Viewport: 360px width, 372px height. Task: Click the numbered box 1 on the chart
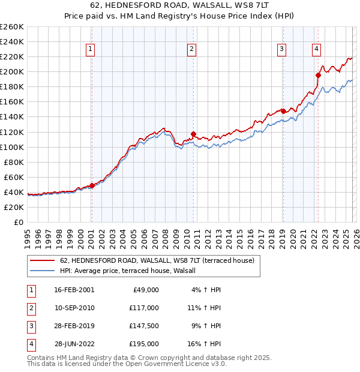point(90,49)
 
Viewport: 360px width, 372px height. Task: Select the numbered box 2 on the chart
point(191,49)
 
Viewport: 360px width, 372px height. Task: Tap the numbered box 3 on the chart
point(281,49)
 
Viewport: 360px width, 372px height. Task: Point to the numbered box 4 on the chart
point(316,49)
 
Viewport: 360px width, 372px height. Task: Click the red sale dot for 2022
point(319,75)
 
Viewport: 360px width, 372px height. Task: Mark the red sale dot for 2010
point(193,134)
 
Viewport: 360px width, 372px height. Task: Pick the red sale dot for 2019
point(283,111)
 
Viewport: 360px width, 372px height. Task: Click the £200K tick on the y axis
point(12,72)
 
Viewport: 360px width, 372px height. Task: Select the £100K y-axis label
point(12,147)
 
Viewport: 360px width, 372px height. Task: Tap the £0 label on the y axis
point(18,222)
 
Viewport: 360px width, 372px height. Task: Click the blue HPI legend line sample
point(43,271)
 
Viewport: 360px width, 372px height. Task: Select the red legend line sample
point(43,260)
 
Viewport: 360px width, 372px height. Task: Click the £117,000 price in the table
point(144,307)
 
